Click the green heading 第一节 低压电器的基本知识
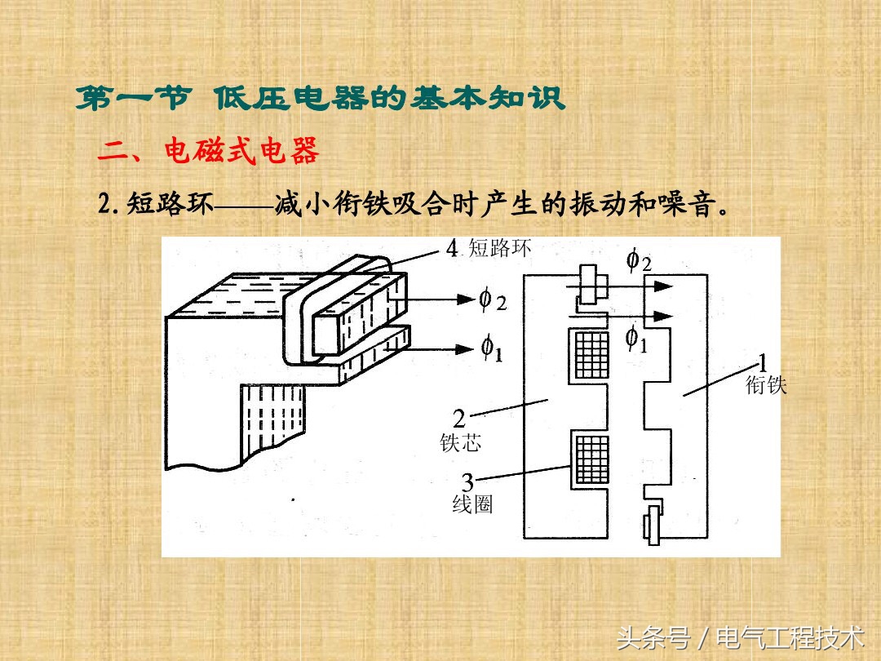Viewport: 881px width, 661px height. click(x=321, y=98)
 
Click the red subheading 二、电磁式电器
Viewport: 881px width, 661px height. click(x=209, y=151)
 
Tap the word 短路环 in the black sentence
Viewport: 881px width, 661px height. click(x=170, y=203)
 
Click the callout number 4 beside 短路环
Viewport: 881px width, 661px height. click(x=452, y=248)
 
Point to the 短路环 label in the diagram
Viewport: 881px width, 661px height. click(x=499, y=248)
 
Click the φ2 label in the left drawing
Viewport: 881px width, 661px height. click(x=493, y=299)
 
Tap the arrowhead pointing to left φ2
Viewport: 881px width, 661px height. click(x=465, y=299)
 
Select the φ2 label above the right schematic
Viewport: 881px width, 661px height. click(x=639, y=261)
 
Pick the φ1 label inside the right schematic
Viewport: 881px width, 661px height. click(x=636, y=339)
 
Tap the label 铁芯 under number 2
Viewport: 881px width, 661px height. click(x=460, y=443)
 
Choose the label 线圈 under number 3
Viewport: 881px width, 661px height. click(x=472, y=504)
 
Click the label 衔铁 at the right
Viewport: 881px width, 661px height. click(x=766, y=385)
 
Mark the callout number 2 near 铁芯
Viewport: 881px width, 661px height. click(x=459, y=419)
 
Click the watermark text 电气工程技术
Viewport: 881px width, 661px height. click(x=790, y=637)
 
